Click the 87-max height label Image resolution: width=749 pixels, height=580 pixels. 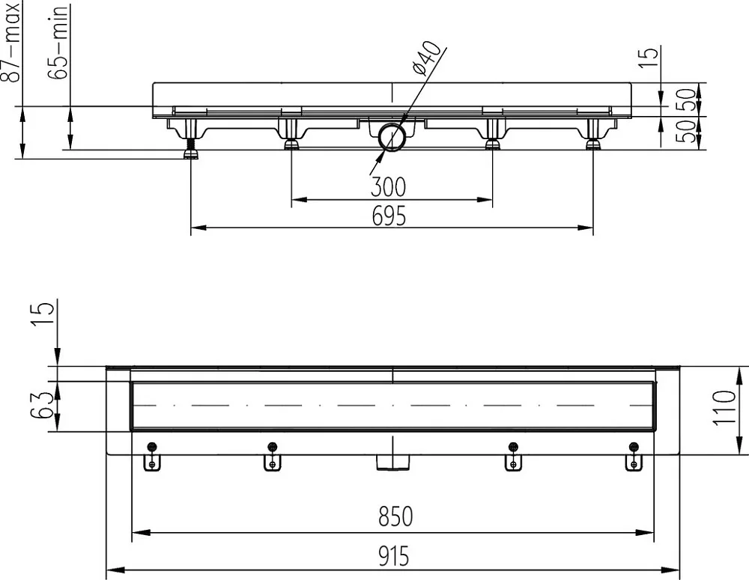click(11, 41)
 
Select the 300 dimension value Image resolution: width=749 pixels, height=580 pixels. click(388, 186)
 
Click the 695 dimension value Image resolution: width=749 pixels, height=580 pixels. click(389, 216)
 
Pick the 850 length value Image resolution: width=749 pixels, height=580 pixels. click(395, 516)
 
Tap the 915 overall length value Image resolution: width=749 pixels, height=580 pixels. click(394, 555)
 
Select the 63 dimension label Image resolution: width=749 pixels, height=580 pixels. click(41, 405)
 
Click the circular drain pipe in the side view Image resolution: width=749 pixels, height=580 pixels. click(392, 138)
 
